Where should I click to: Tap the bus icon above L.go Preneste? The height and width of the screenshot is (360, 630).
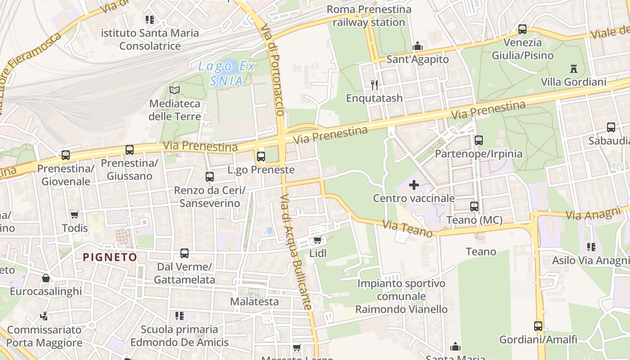click(261, 157)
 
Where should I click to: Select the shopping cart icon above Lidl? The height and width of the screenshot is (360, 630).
click(317, 240)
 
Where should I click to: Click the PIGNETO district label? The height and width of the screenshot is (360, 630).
click(110, 257)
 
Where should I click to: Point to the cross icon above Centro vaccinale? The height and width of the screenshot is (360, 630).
click(414, 185)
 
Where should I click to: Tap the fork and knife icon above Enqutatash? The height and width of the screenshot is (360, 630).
click(374, 84)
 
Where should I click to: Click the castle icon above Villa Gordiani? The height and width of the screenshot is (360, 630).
click(573, 69)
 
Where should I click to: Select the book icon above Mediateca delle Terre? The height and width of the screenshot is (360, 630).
click(175, 90)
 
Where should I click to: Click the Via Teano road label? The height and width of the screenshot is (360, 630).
click(407, 228)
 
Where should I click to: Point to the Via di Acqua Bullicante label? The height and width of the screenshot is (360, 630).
click(296, 252)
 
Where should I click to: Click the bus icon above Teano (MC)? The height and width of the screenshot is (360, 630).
click(474, 207)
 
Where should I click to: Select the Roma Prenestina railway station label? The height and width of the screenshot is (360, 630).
click(369, 16)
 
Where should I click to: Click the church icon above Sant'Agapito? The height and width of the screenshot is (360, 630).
click(418, 46)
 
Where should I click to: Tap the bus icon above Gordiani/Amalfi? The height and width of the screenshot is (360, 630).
click(538, 326)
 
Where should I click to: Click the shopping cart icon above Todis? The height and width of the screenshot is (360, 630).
click(75, 215)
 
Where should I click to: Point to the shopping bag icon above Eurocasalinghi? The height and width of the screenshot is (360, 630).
click(46, 278)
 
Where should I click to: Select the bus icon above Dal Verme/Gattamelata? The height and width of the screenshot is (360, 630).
click(184, 253)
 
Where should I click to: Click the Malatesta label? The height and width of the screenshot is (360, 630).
click(255, 301)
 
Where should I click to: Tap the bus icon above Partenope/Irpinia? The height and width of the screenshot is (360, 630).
click(478, 140)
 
